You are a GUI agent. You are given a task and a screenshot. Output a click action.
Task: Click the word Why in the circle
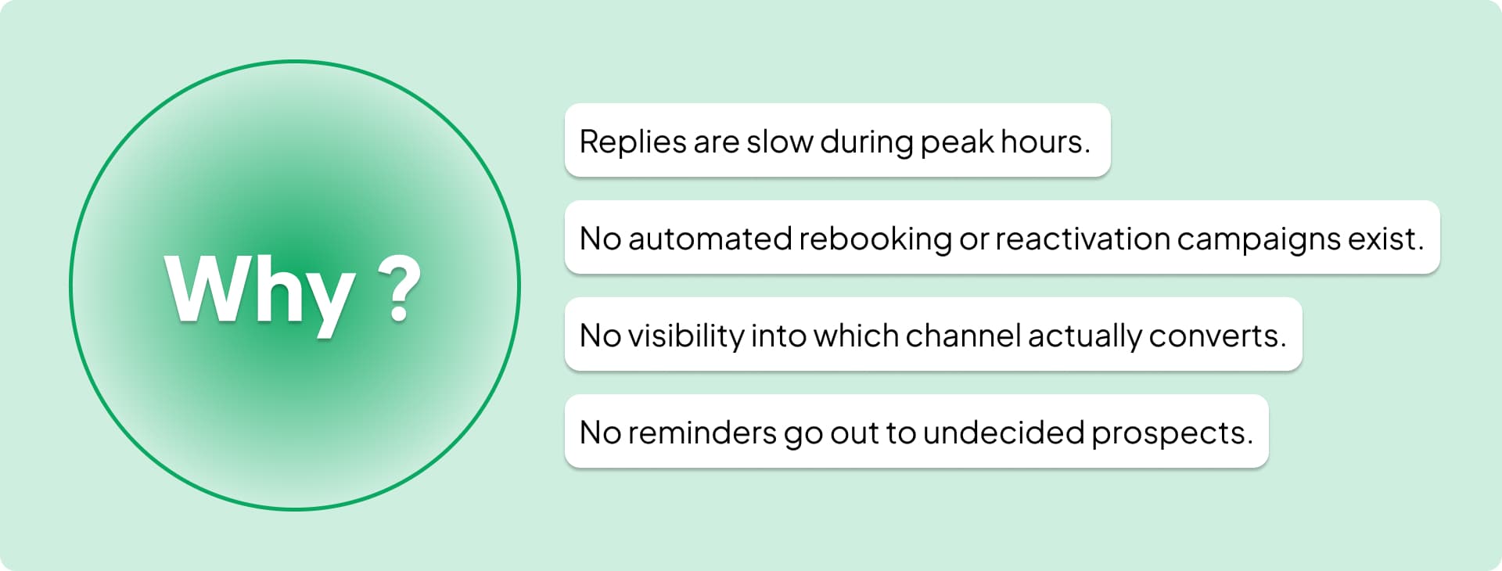(259, 289)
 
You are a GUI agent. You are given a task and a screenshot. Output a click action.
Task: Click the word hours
(1045, 142)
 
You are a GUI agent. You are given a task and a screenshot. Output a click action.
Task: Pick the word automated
(710, 239)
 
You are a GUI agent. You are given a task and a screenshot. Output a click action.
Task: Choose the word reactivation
(1082, 239)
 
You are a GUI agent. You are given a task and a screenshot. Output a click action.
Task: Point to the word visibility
(685, 336)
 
